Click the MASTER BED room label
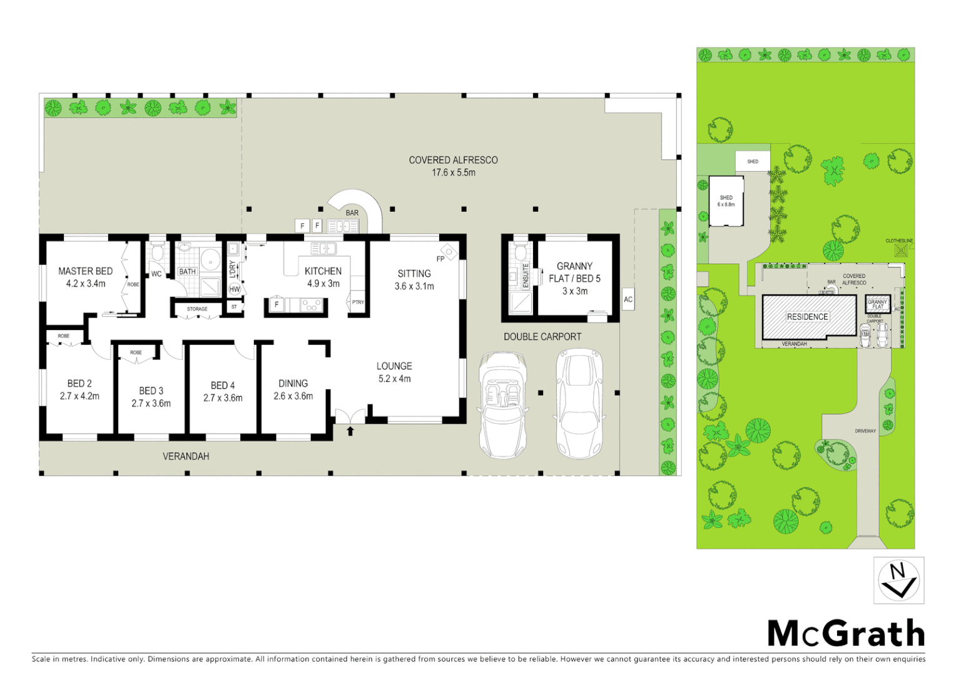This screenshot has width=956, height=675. tap(85, 271)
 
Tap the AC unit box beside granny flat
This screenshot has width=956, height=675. tap(628, 299)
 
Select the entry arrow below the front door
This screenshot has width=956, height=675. tap(350, 431)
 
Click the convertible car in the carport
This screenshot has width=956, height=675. tap(503, 404)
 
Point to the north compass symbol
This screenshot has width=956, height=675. tap(898, 581)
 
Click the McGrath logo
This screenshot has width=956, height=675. tap(846, 634)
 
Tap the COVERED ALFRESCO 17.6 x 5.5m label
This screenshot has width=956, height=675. tap(453, 166)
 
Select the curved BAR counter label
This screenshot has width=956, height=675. tap(352, 213)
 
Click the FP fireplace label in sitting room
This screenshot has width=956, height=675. tap(440, 258)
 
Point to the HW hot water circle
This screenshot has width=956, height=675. tap(235, 289)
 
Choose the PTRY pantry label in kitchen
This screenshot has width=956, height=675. tap(358, 302)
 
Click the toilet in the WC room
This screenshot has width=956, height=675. tap(157, 252)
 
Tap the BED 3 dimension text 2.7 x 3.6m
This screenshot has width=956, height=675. tap(151, 404)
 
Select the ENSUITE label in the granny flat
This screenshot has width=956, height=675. tap(526, 276)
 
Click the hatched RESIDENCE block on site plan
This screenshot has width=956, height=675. tap(808, 317)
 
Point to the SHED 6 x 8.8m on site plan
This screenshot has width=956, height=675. tap(726, 201)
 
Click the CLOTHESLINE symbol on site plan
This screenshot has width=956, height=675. tap(901, 251)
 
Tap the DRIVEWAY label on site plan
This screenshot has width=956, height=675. tap(865, 431)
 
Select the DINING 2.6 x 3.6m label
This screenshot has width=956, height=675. tap(293, 389)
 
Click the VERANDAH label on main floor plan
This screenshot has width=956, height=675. tap(186, 456)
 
